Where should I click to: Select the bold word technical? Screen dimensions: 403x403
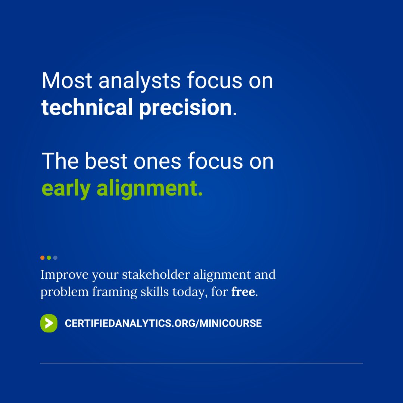pos(87,107)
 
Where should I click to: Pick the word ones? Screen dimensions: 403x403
pos(161,162)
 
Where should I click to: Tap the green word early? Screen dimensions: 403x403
pos(66,189)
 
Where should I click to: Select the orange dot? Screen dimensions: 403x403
pos(43,257)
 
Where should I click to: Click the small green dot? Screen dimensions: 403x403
pos(49,257)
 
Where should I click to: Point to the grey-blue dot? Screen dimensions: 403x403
pos(55,257)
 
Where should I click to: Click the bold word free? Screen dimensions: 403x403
pos(243,291)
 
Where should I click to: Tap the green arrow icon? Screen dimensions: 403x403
pos(49,323)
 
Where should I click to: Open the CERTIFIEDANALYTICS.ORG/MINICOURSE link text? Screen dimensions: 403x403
pos(163,323)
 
